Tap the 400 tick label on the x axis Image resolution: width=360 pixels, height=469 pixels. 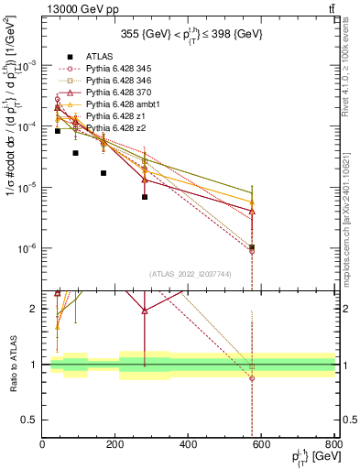pyautogui.click(x=189, y=445)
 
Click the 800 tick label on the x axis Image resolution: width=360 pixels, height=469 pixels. pyautogui.click(x=334, y=445)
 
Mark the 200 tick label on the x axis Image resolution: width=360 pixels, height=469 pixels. pyautogui.click(x=115, y=445)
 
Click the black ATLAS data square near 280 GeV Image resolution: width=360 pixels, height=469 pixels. pyautogui.click(x=145, y=197)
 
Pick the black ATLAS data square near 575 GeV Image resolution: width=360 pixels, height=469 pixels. pyautogui.click(x=252, y=247)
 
